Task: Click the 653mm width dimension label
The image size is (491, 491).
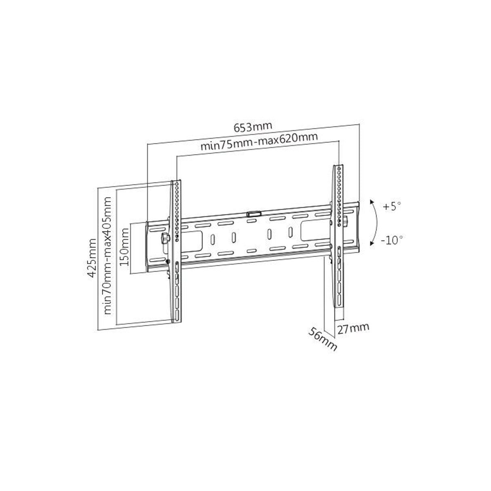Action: [253, 127]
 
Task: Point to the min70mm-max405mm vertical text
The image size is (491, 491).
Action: [108, 255]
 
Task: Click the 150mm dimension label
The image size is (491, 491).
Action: [125, 247]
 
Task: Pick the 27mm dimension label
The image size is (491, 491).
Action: [353, 328]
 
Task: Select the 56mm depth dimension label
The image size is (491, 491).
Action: [322, 339]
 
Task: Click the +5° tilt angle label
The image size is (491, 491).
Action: [392, 206]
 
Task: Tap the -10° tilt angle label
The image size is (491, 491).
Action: [392, 240]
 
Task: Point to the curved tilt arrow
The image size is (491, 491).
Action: [377, 222]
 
